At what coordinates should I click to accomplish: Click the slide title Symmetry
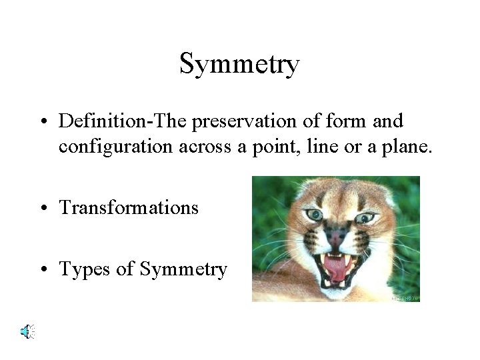pyautogui.click(x=239, y=65)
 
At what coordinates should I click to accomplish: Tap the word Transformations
pyautogui.click(x=129, y=207)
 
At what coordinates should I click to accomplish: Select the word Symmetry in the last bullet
pyautogui.click(x=183, y=269)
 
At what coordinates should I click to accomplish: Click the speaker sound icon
pyautogui.click(x=27, y=331)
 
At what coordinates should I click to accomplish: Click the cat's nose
pyautogui.click(x=337, y=235)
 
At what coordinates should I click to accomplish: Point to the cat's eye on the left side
pyautogui.click(x=314, y=215)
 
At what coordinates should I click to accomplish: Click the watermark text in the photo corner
pyautogui.click(x=405, y=298)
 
